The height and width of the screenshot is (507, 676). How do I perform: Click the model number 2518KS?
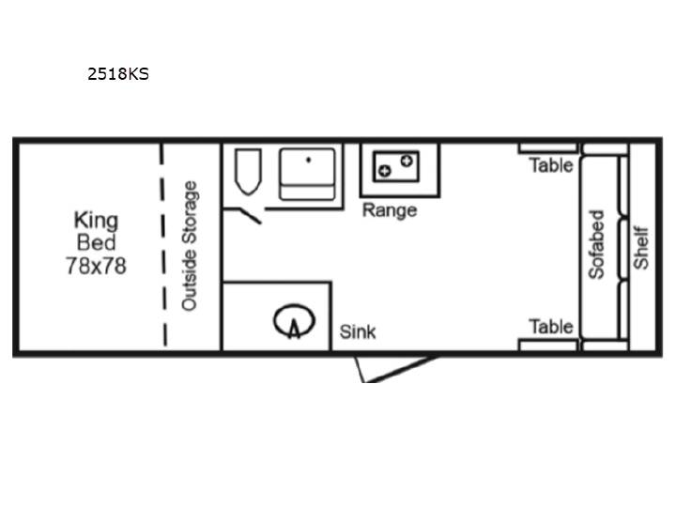[x=118, y=74]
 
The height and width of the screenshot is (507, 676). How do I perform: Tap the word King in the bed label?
[x=96, y=221]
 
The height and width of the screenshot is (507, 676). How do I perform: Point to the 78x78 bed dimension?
[x=96, y=266]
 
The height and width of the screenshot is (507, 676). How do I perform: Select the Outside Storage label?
[x=190, y=246]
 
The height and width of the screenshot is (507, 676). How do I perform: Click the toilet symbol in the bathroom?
[x=248, y=172]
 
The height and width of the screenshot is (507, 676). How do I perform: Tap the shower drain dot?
[x=308, y=160]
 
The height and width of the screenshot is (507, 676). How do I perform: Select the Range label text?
[x=390, y=210]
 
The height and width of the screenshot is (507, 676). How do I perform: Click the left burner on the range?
[x=384, y=171]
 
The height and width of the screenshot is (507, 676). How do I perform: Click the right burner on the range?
[x=407, y=161]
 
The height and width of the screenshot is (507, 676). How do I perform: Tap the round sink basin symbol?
[x=295, y=321]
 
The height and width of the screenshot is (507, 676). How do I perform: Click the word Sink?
[x=358, y=332]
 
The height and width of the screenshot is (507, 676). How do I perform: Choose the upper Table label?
[x=551, y=165]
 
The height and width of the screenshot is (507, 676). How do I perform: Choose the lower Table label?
[x=551, y=327]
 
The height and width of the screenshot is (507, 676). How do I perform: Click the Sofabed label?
[x=597, y=244]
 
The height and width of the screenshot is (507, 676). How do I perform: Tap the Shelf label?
[x=641, y=248]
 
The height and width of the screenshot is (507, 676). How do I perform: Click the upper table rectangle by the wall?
[x=547, y=148]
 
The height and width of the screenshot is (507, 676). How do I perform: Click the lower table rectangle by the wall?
[x=547, y=346]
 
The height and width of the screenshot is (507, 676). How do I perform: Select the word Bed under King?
[x=96, y=243]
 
